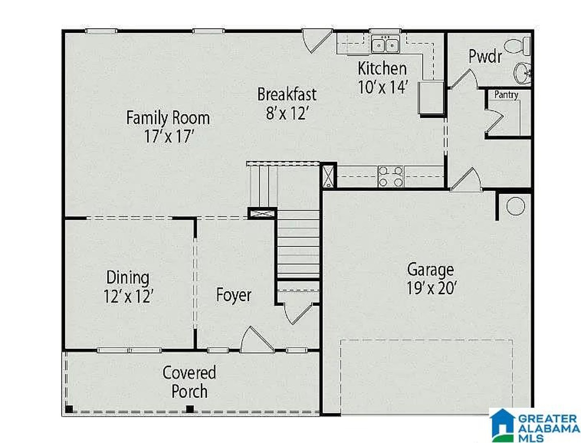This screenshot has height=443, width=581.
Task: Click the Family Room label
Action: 168,118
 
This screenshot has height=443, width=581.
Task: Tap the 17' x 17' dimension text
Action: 168,136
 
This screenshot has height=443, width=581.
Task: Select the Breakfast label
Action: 287,94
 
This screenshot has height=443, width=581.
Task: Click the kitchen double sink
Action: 386,44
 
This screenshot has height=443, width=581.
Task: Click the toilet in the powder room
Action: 517,46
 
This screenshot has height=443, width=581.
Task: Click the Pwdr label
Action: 485,56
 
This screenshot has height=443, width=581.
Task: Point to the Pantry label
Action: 506,95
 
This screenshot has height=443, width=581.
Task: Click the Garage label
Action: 430,269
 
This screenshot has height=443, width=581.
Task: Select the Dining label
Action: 128,278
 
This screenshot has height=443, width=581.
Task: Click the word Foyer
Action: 233,295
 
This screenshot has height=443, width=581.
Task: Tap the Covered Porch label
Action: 189,382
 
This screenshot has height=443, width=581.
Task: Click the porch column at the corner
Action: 69,409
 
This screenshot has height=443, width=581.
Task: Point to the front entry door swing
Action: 257,340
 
